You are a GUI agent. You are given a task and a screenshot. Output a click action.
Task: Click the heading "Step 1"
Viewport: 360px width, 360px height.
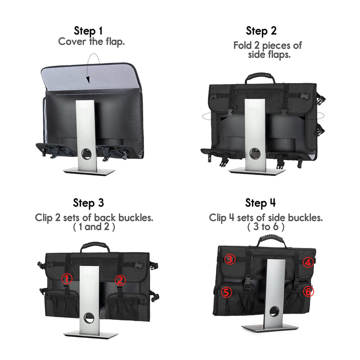pos(88,31)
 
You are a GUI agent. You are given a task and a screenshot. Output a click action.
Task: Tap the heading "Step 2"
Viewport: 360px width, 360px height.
pos(261,31)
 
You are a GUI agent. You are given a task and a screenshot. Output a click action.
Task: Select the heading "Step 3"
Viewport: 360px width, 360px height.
pos(88,203)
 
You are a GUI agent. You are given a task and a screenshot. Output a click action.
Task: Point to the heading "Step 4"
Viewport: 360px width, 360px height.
pos(261,203)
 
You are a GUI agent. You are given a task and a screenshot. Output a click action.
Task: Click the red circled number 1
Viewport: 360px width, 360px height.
pos(67,279)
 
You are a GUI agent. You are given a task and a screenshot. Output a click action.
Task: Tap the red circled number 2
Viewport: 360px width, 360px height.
pos(120,280)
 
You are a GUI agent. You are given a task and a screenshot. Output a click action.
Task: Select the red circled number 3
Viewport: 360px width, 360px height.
pos(229,260)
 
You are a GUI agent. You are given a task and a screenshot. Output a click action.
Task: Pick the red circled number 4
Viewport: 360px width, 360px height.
pos(308,262)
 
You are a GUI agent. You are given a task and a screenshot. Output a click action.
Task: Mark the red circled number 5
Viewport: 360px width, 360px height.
pos(226,292)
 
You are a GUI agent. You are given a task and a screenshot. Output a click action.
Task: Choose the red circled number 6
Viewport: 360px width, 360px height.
pos(308,292)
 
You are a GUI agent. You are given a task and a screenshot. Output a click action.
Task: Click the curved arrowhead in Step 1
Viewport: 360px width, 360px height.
pos(88,80)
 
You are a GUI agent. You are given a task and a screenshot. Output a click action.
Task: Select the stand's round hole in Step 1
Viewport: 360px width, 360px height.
pos(86,153)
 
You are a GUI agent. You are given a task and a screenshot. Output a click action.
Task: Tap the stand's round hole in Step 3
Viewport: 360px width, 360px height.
pos(89,318)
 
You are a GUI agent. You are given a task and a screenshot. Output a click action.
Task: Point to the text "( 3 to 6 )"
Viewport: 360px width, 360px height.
pos(265,227)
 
